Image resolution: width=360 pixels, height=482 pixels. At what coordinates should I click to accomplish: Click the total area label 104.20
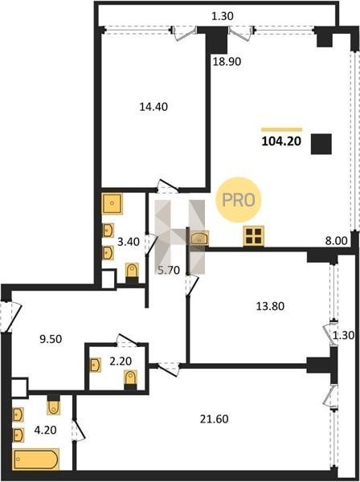(281, 141)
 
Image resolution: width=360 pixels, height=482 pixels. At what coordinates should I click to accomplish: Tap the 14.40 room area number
(153, 107)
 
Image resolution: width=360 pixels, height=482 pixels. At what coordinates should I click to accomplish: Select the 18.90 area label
(227, 62)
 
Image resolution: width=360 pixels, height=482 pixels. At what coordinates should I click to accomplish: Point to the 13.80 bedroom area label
(270, 306)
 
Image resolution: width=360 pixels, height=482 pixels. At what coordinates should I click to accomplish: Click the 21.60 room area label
(215, 419)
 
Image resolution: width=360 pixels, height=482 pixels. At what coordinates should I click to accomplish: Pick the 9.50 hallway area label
(51, 339)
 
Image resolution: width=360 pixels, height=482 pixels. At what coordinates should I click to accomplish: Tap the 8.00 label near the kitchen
(337, 241)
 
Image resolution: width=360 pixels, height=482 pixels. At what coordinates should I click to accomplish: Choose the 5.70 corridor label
(169, 270)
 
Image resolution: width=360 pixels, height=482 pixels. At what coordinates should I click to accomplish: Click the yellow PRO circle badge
(239, 200)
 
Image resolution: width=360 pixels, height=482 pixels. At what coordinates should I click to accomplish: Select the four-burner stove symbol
(254, 236)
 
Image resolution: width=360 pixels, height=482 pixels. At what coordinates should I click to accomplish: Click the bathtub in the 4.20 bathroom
(36, 460)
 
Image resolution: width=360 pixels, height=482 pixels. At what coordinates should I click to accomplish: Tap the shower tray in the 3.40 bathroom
(112, 203)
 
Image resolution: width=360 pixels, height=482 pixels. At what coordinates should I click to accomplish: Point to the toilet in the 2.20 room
(130, 378)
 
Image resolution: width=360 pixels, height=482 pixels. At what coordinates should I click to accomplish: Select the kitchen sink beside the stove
(199, 239)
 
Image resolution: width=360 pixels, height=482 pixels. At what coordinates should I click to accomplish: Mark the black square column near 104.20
(321, 144)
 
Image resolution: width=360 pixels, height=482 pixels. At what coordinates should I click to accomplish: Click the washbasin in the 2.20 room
(95, 365)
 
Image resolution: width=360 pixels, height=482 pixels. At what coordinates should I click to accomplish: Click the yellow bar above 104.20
(281, 129)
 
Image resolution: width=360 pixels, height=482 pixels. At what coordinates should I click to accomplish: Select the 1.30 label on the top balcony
(223, 16)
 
